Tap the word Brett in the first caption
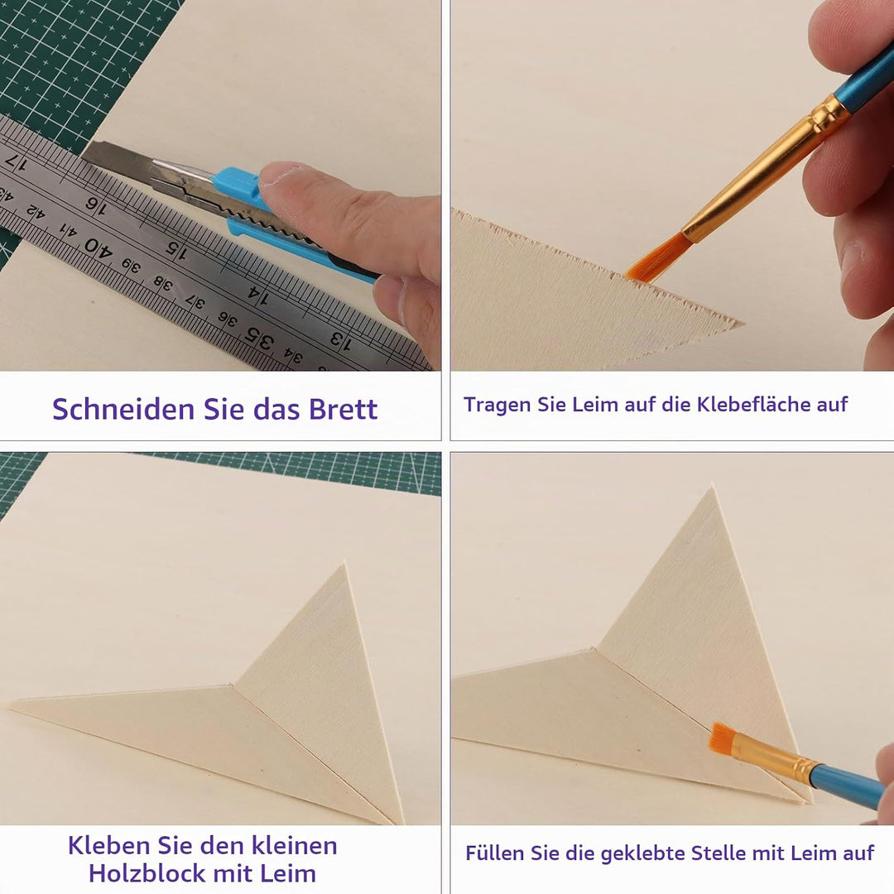pyautogui.click(x=344, y=409)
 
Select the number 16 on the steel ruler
pyautogui.click(x=96, y=206)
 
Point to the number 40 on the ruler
pyautogui.click(x=98, y=248)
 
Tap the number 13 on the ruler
pyautogui.click(x=341, y=340)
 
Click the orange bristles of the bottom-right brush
pyautogui.click(x=723, y=737)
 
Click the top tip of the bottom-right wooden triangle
pyautogui.click(x=712, y=487)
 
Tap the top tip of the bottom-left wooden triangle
pyautogui.click(x=344, y=564)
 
